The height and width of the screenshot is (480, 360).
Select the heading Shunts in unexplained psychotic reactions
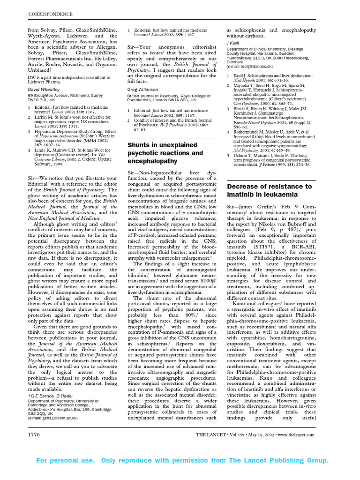[x=165, y=153]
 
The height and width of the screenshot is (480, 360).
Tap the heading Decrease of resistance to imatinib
[x=269, y=190]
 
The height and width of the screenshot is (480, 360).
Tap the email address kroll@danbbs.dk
[x=260, y=66]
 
